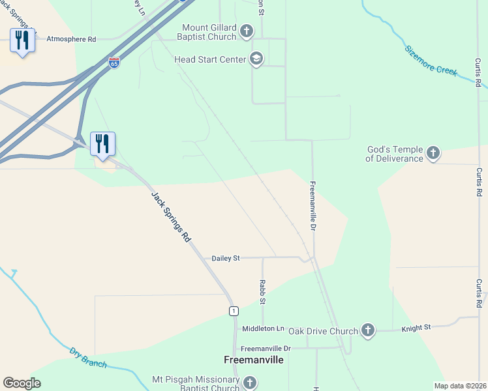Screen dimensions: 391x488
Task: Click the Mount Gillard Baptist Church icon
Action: click(247, 31)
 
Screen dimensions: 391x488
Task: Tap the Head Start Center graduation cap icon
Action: click(256, 59)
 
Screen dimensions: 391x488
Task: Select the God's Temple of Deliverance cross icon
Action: click(433, 154)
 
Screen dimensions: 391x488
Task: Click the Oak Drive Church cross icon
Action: click(368, 330)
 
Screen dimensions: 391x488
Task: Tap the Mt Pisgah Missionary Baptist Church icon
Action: click(249, 383)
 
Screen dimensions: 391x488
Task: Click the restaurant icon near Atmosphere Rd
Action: click(23, 40)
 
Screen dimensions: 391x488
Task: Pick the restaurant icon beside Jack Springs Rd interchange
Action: click(102, 143)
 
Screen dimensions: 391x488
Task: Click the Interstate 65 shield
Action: click(114, 63)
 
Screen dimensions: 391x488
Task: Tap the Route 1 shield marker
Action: click(233, 311)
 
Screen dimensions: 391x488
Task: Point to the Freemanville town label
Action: click(254, 360)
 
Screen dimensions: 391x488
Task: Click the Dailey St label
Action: click(226, 258)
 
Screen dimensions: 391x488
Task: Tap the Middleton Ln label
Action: click(264, 328)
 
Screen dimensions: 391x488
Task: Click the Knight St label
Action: click(416, 328)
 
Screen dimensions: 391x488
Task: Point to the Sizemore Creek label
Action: click(431, 61)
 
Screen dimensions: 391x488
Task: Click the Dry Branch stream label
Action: click(87, 357)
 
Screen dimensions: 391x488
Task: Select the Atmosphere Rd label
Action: click(71, 39)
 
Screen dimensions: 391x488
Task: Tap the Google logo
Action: click(22, 383)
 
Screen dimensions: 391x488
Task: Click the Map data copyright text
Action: click(461, 386)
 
